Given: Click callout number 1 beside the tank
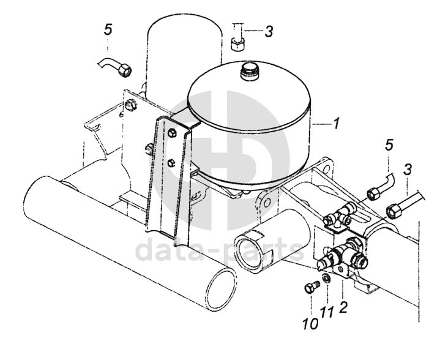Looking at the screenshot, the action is point(336,124).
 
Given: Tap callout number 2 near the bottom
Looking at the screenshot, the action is point(343,307).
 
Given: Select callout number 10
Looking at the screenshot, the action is point(311,324).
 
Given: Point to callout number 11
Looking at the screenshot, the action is point(327,312).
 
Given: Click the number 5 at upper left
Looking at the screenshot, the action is point(108,29).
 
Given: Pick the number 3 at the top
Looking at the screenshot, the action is point(269,31).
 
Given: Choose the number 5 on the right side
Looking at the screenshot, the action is point(389,145).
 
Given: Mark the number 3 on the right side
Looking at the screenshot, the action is point(408,170).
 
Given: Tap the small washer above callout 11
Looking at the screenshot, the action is point(326,278).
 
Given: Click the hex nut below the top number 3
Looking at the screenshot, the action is point(238,45).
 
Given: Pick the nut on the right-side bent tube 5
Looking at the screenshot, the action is point(373,194).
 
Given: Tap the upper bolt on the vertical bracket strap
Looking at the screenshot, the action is point(172,133).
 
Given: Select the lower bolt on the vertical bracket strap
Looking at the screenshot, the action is point(171,163).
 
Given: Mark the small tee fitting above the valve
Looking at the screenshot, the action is point(339,216).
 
